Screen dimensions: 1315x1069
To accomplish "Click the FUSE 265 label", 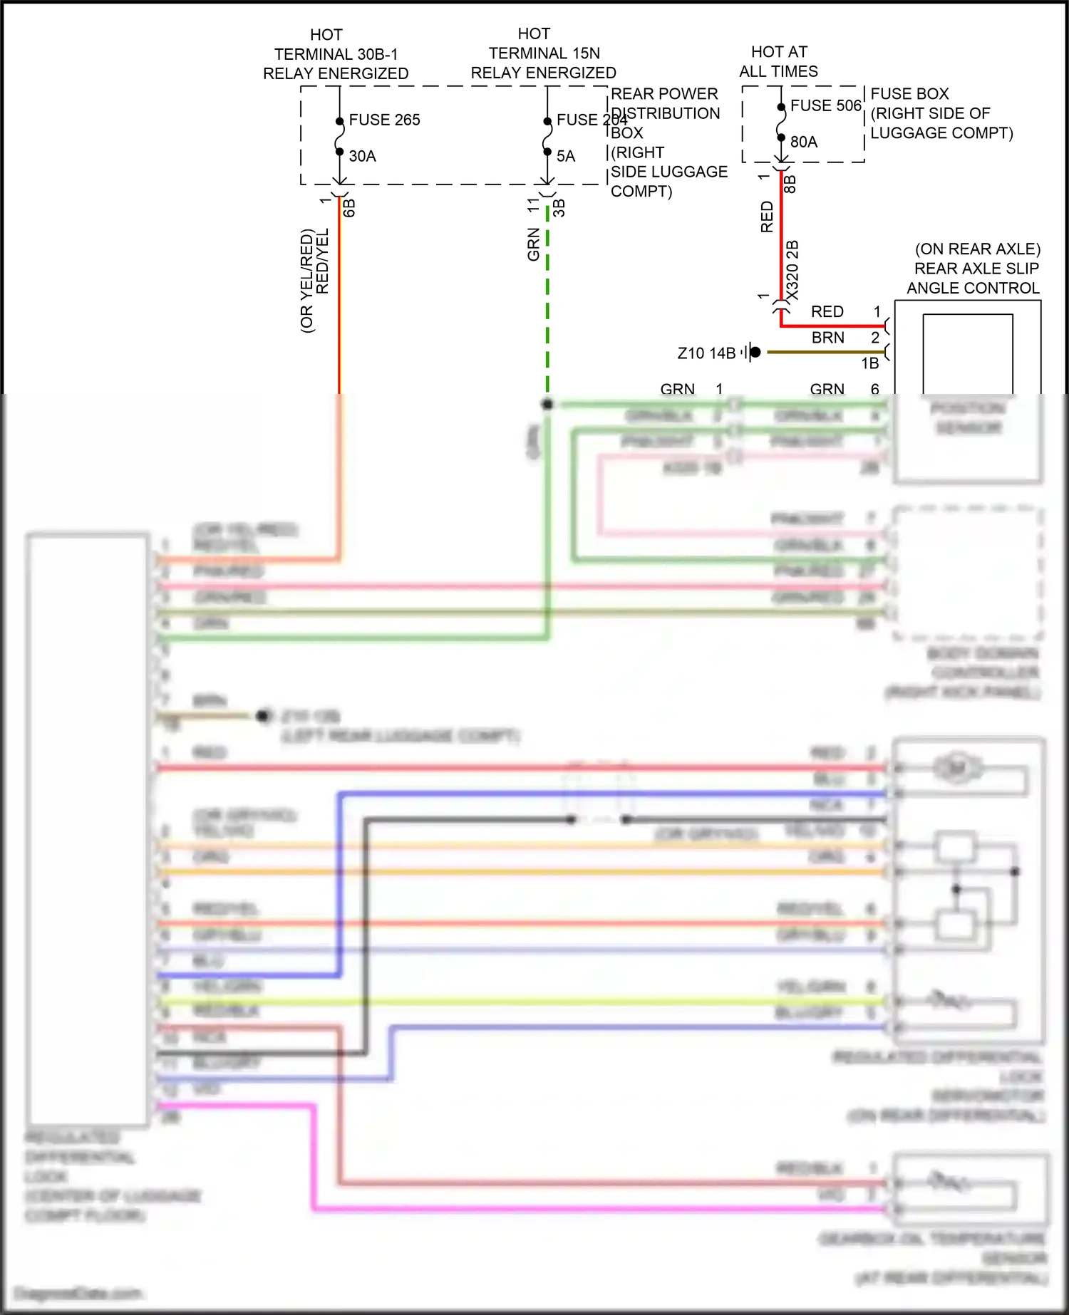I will (384, 120).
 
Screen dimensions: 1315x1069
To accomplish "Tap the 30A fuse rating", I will (362, 156).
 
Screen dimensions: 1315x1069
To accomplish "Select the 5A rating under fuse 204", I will (565, 156).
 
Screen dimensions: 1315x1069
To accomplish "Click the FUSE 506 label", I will (825, 105).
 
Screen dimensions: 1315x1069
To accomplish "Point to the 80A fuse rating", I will (803, 142).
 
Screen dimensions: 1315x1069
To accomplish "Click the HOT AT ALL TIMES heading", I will (778, 61).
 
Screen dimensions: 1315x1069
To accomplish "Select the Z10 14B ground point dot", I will (755, 352).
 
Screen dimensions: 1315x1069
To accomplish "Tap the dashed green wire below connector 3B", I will (547, 299).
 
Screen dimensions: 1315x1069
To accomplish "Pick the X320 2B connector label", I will (792, 271).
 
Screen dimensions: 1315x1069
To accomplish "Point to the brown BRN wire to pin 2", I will (827, 352).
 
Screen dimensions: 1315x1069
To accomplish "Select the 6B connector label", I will (349, 208).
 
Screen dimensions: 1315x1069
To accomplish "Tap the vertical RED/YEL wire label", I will (322, 261).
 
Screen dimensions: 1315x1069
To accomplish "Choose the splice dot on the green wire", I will (547, 404).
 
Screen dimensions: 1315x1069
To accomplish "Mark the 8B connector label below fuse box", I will (790, 184).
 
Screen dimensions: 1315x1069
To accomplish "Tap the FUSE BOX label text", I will (909, 94).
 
